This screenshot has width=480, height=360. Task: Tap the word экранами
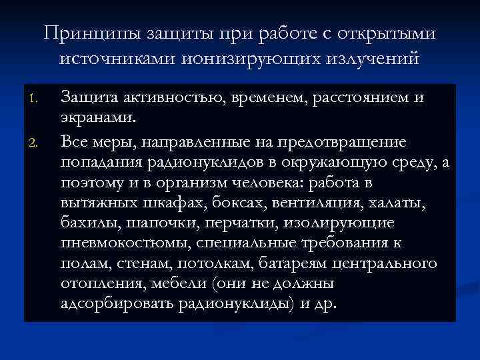pos(99,117)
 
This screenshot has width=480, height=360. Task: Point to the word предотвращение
pos(353,142)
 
